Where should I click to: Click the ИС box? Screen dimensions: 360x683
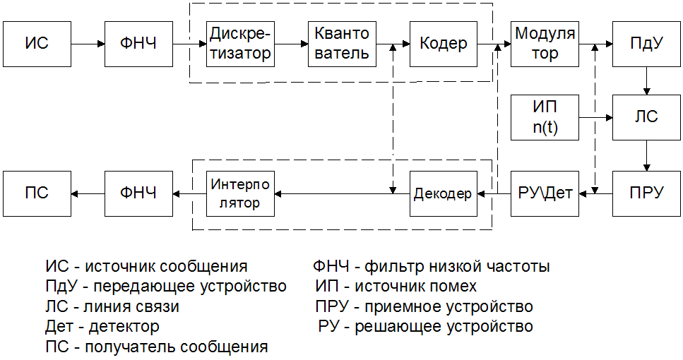(x=37, y=44)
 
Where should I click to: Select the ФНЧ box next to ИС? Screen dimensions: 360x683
(x=138, y=44)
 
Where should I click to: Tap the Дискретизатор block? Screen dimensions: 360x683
(x=240, y=44)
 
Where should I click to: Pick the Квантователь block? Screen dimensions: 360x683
(x=342, y=44)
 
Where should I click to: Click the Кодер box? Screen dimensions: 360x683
(x=443, y=44)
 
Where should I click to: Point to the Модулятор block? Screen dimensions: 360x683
(x=545, y=44)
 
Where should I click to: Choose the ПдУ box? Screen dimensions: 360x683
(x=646, y=44)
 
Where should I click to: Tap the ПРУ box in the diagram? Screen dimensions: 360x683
(x=646, y=193)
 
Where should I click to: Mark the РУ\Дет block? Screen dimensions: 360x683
(x=545, y=193)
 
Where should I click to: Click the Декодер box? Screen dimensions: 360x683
(x=443, y=193)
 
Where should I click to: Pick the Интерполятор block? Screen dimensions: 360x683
(x=240, y=193)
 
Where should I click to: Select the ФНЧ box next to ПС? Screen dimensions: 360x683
(x=138, y=193)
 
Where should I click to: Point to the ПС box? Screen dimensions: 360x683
(x=37, y=193)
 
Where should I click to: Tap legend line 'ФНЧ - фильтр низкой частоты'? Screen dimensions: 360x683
(x=431, y=267)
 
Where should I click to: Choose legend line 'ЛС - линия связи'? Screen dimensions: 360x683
(x=112, y=307)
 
